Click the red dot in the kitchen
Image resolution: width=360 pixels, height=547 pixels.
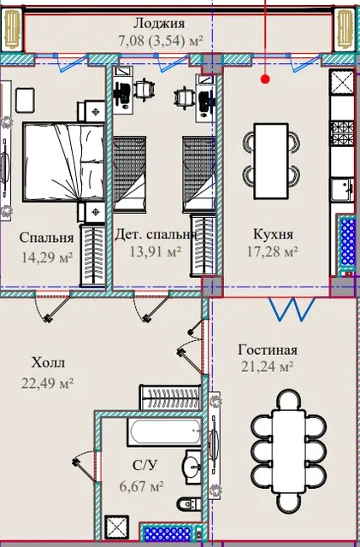pyautogui.click(x=265, y=79)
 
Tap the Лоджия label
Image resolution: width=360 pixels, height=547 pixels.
pyautogui.click(x=159, y=23)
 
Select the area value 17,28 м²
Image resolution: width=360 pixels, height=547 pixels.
pyautogui.click(x=273, y=251)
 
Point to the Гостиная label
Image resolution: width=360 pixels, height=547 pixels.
pyautogui.click(x=268, y=350)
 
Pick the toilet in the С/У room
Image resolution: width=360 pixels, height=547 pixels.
pyautogui.click(x=189, y=504)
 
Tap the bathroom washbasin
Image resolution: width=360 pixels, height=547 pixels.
pyautogui.click(x=192, y=467)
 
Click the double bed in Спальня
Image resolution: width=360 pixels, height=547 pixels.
pyautogui.click(x=64, y=162)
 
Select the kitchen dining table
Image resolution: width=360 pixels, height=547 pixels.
pyautogui.click(x=271, y=162)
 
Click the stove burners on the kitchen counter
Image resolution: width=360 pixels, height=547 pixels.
pyautogui.click(x=342, y=132)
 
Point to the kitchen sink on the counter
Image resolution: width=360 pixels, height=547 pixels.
pyautogui.click(x=343, y=190)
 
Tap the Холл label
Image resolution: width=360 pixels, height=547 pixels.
pyautogui.click(x=48, y=362)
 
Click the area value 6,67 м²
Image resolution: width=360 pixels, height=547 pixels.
pyautogui.click(x=142, y=486)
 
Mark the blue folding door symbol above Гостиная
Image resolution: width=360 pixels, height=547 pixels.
pyautogui.click(x=292, y=309)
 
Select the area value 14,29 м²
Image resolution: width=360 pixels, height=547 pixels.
pyautogui.click(x=47, y=257)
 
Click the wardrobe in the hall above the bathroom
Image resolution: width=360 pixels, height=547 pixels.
pyautogui.click(x=170, y=397)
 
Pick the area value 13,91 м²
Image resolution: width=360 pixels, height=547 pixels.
pyautogui.click(x=156, y=250)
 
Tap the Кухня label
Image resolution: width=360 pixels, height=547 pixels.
pyautogui.click(x=273, y=233)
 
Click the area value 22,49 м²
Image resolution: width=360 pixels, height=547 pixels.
pyautogui.click(x=48, y=383)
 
